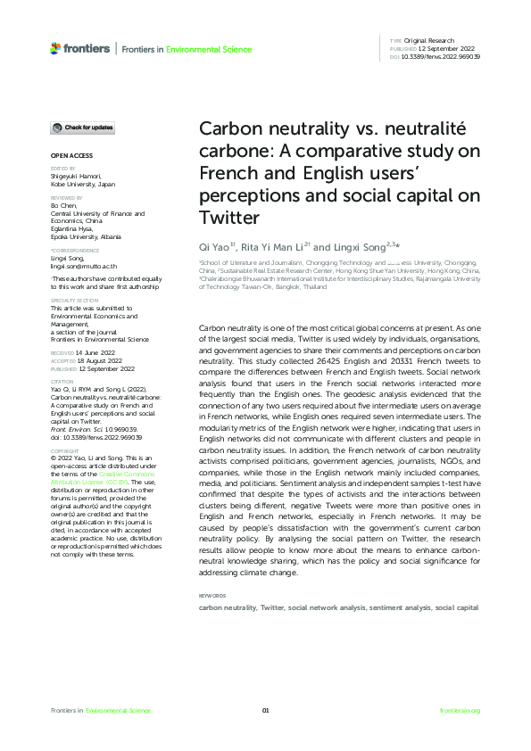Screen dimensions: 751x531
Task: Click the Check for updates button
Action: click(81, 128)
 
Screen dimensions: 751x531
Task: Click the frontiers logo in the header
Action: click(80, 48)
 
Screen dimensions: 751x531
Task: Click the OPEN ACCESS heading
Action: click(68, 155)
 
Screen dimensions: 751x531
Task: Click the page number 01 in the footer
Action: click(265, 710)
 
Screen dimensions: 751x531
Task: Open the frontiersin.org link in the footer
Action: click(460, 710)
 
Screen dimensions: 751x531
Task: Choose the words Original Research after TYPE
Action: click(430, 41)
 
